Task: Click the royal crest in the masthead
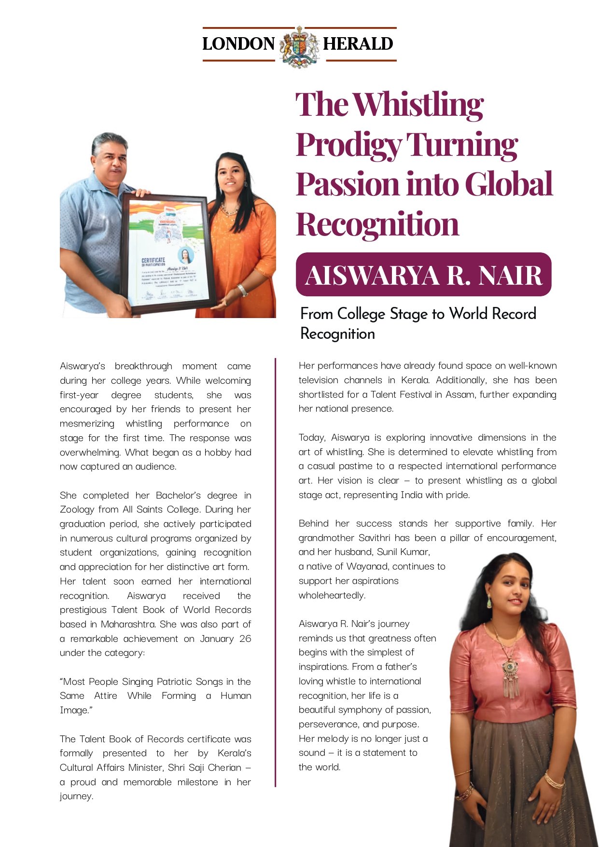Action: tap(299, 46)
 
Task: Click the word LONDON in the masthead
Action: tap(238, 44)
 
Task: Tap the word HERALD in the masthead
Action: tap(358, 44)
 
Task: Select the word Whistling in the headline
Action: tap(418, 105)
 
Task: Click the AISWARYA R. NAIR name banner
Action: tap(423, 275)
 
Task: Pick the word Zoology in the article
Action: tap(77, 510)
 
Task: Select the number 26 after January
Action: tap(245, 639)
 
